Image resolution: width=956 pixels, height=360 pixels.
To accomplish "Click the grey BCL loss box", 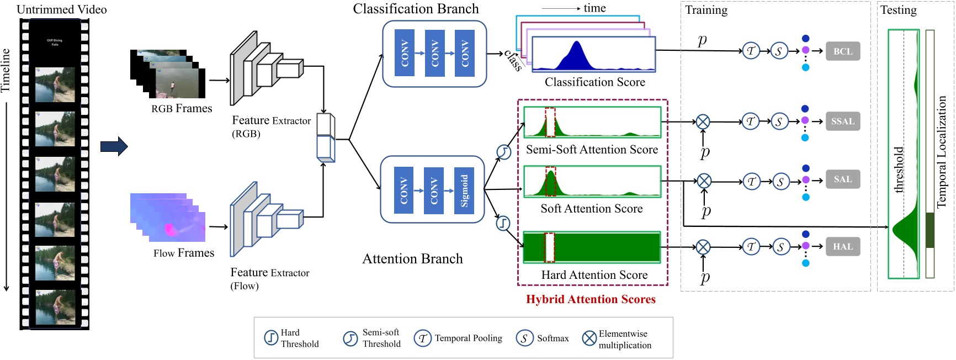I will coord(843,51).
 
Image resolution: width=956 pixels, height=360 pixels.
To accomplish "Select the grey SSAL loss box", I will coord(843,121).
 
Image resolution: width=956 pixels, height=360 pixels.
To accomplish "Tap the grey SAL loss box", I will coord(843,179).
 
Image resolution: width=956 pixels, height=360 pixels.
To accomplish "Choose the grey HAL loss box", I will coord(843,247).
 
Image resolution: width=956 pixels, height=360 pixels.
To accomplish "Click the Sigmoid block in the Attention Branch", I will coord(464,190).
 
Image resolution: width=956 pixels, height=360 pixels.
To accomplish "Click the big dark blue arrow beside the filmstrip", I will coord(114,146).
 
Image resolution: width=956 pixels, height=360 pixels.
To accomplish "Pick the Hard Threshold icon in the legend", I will coord(270,337).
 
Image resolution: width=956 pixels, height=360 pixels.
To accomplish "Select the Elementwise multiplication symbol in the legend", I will coord(589,338).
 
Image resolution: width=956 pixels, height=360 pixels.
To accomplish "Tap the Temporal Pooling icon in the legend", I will coord(422,338).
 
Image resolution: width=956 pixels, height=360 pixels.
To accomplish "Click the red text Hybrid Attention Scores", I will coord(591,299).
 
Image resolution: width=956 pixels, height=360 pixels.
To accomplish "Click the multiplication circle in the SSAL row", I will coord(703,121).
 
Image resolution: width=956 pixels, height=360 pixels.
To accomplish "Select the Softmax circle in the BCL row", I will coord(779,51).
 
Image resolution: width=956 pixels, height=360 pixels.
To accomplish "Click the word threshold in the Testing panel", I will coord(899,170).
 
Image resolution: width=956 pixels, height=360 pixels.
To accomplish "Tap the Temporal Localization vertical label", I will coord(942,152).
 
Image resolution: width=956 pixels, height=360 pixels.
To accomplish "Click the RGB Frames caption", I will coord(182,108).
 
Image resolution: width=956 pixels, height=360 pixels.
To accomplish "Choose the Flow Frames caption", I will coord(184,253).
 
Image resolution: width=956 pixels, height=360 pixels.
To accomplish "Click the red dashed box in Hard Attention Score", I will coord(549,247).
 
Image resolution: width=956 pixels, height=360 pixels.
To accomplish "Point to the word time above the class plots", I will coord(594,8).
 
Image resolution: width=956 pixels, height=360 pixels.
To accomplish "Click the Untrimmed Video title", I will coord(62,9).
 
